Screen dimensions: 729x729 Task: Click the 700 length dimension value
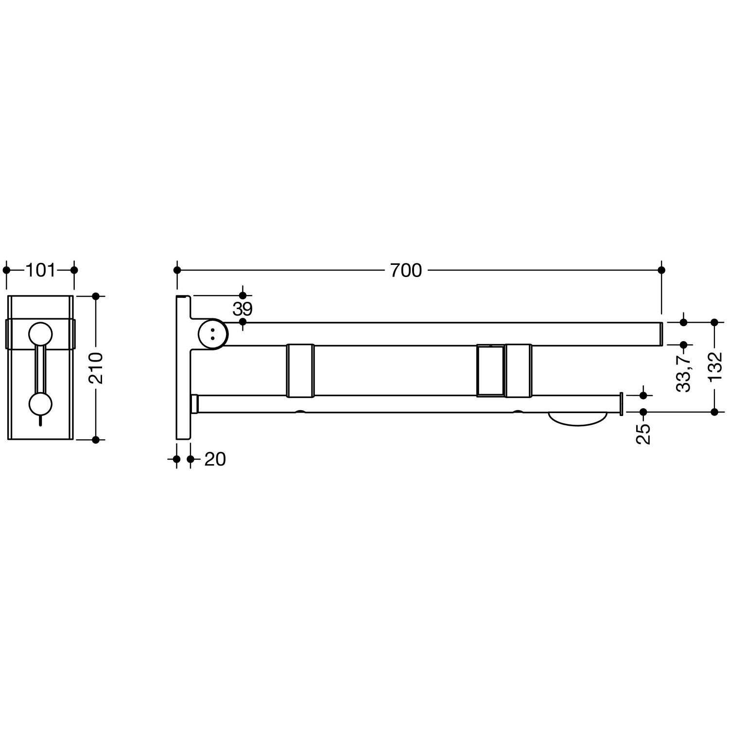pos(406,270)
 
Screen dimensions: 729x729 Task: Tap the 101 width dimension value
pos(40,270)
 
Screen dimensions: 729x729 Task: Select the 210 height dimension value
pos(96,368)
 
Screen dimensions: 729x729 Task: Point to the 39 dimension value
pos(243,309)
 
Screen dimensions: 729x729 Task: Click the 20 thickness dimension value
pos(215,459)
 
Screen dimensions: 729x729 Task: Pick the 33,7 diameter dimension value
pos(684,373)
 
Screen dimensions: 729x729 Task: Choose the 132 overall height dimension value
pos(714,367)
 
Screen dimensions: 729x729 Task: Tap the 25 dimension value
pos(643,434)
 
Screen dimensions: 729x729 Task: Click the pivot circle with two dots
pos(212,333)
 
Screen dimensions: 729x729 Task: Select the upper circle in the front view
pos(40,334)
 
